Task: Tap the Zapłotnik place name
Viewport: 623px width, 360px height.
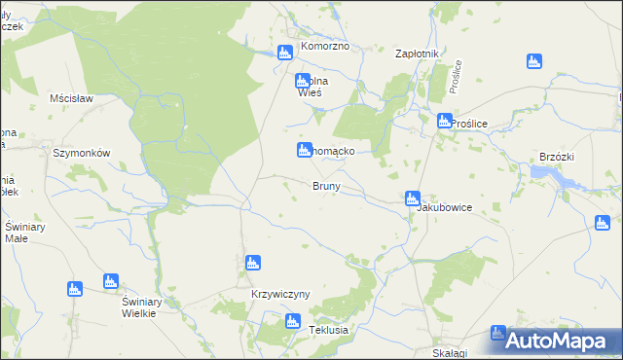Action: coord(419,54)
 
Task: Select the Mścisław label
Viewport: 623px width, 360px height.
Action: coord(70,98)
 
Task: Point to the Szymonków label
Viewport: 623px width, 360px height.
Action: coord(82,153)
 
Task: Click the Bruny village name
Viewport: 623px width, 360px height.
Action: coord(325,186)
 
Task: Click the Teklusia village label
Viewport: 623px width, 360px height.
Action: coord(328,330)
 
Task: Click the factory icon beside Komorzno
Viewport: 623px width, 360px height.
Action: coord(285,53)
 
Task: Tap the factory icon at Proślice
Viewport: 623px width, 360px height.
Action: coord(445,122)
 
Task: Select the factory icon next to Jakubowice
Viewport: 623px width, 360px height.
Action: coord(413,198)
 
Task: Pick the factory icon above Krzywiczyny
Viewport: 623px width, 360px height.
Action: coord(252,263)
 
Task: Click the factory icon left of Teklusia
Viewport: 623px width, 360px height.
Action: coord(292,321)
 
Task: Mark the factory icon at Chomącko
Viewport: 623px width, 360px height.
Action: coord(303,150)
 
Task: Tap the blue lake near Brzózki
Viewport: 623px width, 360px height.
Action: coord(555,176)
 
